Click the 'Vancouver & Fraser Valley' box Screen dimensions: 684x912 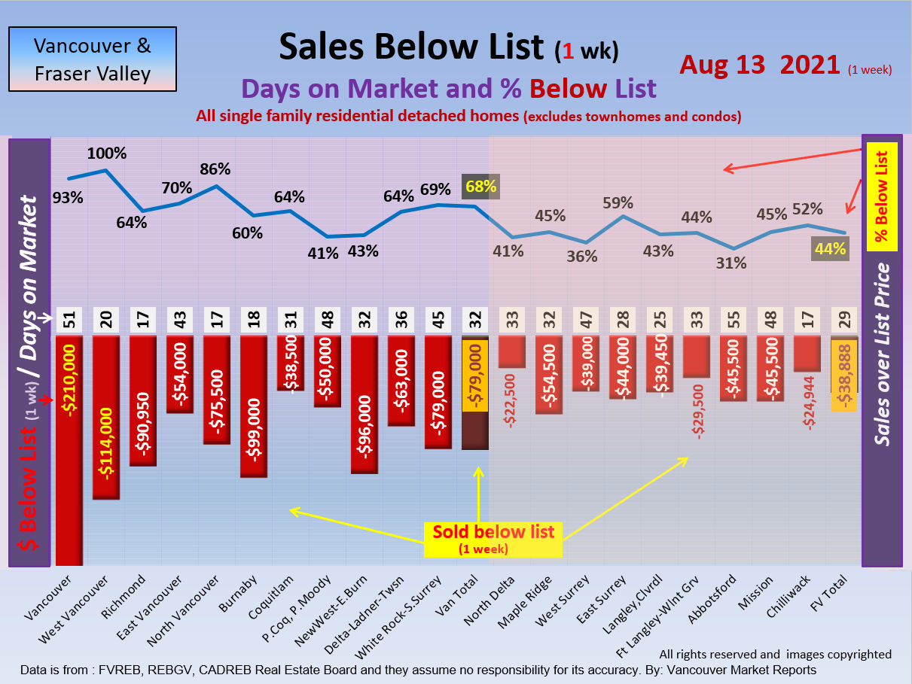pyautogui.click(x=92, y=59)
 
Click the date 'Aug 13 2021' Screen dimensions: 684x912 pyautogui.click(x=759, y=65)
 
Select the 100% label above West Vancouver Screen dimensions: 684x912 pyautogui.click(x=107, y=154)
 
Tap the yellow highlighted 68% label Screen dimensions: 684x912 pyautogui.click(x=481, y=187)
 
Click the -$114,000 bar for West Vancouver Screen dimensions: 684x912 pyautogui.click(x=105, y=418)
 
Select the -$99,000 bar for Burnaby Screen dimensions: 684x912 pyautogui.click(x=253, y=406)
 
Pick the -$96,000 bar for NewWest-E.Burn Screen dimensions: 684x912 pyautogui.click(x=364, y=405)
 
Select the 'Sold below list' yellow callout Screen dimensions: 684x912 pyautogui.click(x=493, y=539)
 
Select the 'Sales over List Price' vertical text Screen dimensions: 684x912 pyautogui.click(x=883, y=354)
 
